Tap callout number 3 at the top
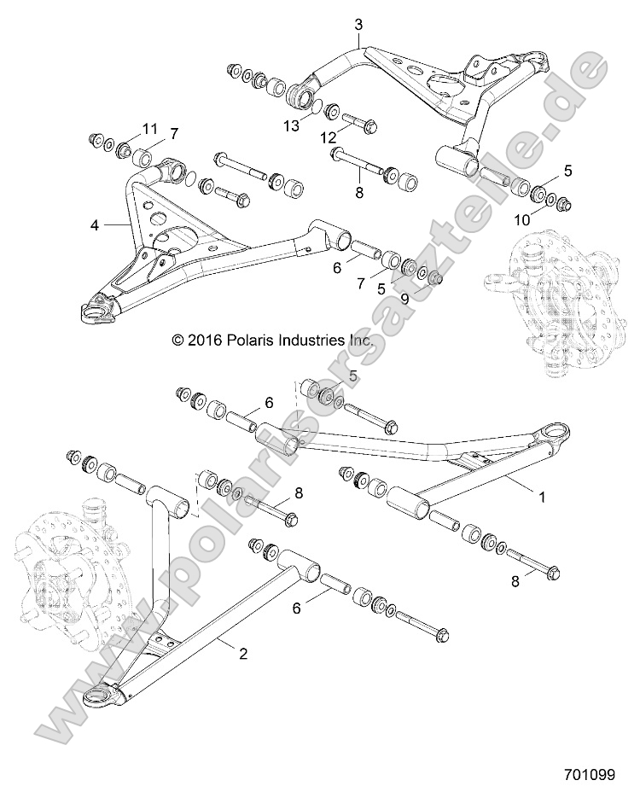point(359,25)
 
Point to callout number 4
point(96,225)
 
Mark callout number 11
point(150,129)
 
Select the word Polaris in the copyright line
point(248,340)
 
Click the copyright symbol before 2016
point(178,340)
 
